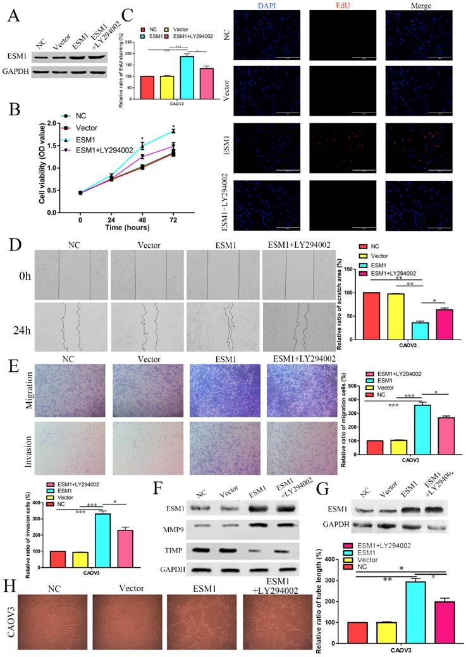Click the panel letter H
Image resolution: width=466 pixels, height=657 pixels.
9,581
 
